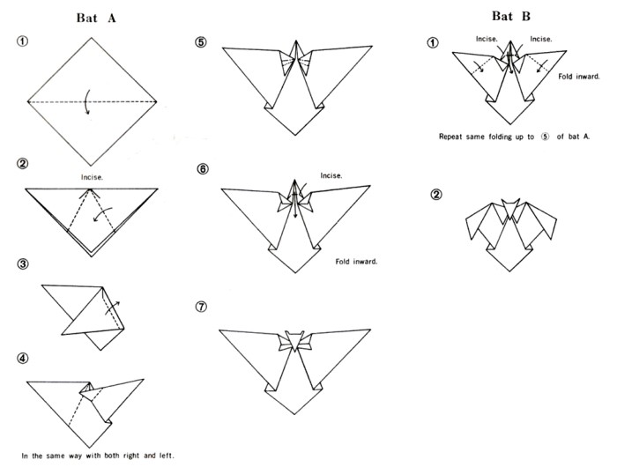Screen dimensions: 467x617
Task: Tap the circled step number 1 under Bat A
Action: pos(21,41)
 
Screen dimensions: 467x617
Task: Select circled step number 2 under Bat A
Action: pos(21,164)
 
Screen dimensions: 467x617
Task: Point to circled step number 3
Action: pos(21,263)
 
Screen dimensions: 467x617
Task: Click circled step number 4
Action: pos(21,358)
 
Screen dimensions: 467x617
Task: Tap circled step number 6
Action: pos(203,168)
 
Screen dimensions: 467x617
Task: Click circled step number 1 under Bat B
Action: pos(434,41)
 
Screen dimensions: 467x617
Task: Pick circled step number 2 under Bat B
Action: pos(434,195)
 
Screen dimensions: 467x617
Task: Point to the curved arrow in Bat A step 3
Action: pos(112,308)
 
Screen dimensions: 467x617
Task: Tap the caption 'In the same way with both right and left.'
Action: pos(99,456)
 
